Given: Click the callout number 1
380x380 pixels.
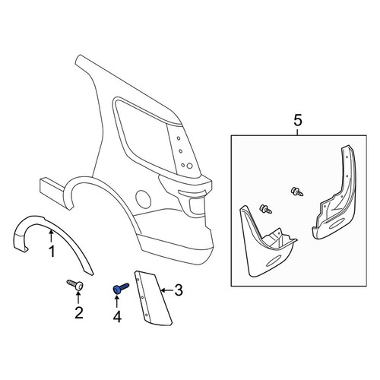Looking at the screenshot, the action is click(52, 252).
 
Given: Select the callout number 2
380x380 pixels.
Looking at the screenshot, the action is click(79, 312).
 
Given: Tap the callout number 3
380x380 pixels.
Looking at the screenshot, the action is click(179, 290).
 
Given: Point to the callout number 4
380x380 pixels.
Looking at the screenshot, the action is click(117, 317).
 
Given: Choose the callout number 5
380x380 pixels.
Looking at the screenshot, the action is click(298, 120).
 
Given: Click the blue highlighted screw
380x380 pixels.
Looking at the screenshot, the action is click(120, 289).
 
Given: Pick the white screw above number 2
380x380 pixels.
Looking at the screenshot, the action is click(75, 285).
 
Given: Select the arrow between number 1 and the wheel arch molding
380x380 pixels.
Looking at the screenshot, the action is click(51, 236).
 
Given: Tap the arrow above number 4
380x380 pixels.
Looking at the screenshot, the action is click(117, 302).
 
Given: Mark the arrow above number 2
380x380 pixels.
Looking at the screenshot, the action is click(78, 298).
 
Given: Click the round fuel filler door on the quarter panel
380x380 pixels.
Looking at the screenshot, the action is click(144, 199).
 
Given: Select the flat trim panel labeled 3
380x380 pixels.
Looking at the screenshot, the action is click(152, 298).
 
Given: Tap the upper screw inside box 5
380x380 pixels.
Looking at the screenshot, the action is click(297, 192).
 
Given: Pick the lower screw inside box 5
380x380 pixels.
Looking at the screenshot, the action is click(265, 209).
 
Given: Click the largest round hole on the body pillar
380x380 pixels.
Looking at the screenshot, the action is click(189, 166).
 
